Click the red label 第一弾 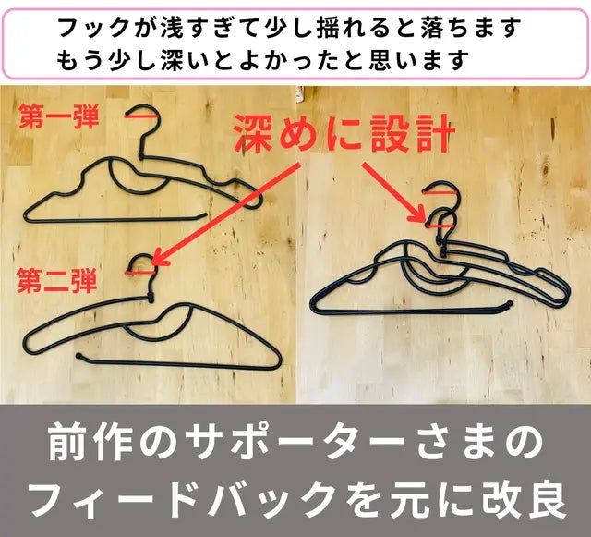click(59, 116)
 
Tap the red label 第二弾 click(57, 280)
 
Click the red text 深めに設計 click(344, 133)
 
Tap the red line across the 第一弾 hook click(139, 117)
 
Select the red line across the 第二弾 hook click(139, 272)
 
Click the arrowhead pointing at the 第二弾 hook click(159, 258)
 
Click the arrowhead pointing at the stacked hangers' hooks click(419, 215)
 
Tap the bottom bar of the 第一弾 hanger click(115, 218)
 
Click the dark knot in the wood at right click(546, 171)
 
